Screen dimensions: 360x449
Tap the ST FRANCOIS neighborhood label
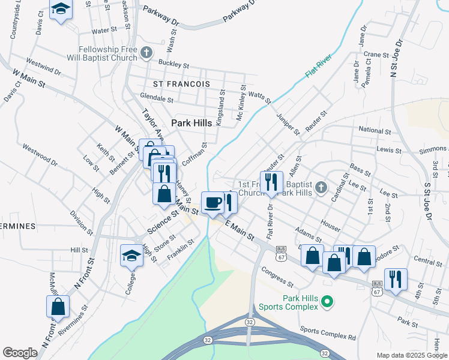click(181, 85)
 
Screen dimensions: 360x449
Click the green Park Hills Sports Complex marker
click(327, 301)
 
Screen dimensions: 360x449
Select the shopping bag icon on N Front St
click(58, 306)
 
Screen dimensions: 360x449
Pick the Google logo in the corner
click(20, 353)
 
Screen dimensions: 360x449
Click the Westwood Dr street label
click(40, 154)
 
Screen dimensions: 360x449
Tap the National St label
click(374, 130)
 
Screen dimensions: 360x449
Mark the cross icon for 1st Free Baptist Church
click(321, 188)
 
